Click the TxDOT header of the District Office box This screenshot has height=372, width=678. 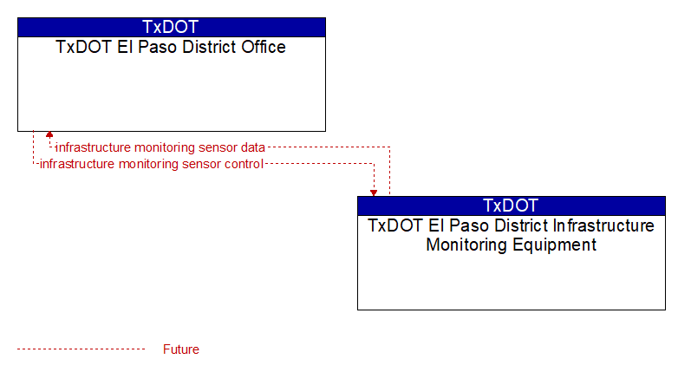coord(171,27)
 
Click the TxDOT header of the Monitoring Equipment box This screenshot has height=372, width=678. coord(511,206)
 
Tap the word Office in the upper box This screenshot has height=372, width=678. coord(264,47)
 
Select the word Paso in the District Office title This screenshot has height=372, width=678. coord(158,47)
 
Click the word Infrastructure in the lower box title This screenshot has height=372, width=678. coord(604,225)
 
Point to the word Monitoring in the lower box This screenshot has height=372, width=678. coord(466,245)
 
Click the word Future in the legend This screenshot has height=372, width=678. coord(180,349)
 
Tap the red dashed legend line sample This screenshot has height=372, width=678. coord(81,349)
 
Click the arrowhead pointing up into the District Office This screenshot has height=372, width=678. coord(49,134)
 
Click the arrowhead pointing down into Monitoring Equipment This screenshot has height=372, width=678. coord(374,193)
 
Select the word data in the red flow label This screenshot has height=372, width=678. coord(253,147)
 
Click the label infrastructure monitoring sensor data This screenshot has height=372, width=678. coord(160,147)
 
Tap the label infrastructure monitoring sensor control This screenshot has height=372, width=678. coord(152,165)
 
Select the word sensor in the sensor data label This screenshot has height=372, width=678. coord(218,147)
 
